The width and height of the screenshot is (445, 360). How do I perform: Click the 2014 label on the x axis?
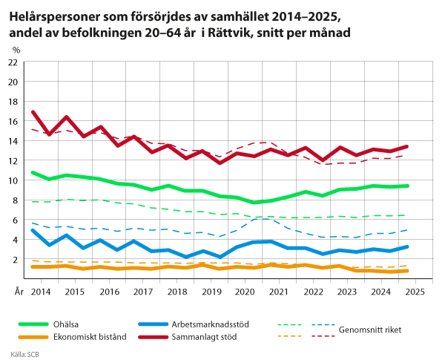point(40,292)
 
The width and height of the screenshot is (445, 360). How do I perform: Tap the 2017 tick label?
point(143,292)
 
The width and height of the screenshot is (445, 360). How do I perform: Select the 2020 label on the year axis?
point(245,292)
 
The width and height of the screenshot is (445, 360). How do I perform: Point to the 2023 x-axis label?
point(347,292)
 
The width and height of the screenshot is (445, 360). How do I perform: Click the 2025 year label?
point(415,292)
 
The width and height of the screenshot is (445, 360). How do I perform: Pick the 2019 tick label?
point(211,292)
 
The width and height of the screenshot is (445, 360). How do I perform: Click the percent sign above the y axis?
point(16,50)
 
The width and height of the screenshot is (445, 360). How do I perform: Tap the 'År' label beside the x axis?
point(19,292)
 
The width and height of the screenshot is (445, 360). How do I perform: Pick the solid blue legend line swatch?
point(154,324)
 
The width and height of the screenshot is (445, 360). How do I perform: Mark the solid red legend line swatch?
point(154,336)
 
